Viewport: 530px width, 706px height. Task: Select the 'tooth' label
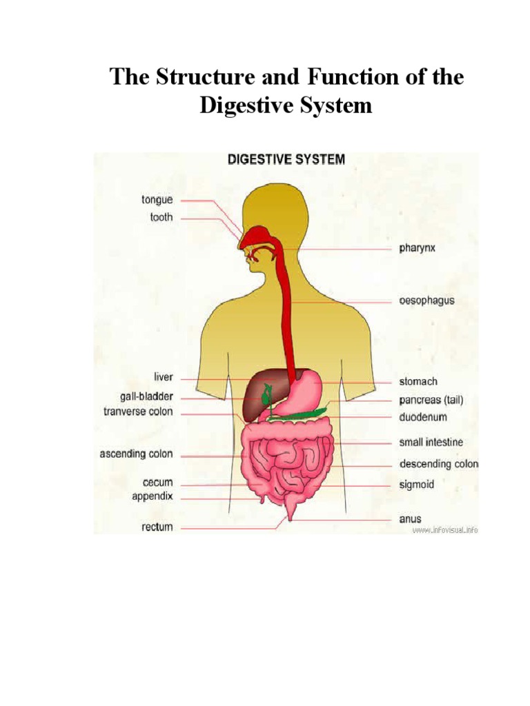161,218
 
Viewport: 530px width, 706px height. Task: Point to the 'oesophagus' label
426,301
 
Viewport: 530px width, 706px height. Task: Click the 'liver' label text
164,378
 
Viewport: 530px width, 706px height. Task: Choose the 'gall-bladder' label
146,396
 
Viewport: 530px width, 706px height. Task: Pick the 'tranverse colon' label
136,412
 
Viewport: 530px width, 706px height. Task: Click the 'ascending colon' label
137,454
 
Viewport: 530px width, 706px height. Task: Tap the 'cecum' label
158,483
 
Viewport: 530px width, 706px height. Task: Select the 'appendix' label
154,496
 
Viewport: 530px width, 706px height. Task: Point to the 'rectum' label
157,527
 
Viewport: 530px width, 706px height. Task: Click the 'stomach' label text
418,381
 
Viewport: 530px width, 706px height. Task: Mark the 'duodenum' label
423,417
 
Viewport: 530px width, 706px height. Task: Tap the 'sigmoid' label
417,485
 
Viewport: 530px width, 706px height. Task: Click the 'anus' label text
410,518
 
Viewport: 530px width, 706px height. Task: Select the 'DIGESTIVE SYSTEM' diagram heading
286,159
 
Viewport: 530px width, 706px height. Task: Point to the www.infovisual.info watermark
445,530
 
